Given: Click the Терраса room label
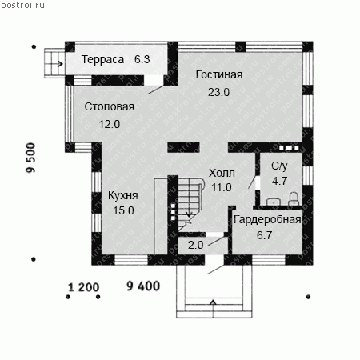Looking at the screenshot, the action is coord(102,59).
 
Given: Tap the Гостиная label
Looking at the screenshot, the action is coord(219,74).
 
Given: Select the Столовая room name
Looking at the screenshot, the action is coord(110,106).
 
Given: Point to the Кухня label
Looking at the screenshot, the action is coord(123,195).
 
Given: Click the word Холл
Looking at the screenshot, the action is coord(222,173).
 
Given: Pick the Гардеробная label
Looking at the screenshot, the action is coord(267,220).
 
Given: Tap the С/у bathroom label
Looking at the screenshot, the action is coord(279,166).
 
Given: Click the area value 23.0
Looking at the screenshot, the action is coord(218,92).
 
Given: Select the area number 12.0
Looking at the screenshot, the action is coord(110,124).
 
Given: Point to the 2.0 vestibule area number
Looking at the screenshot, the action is coord(196,245).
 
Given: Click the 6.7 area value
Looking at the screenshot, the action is coord(265,235).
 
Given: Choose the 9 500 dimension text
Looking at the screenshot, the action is coord(31,158).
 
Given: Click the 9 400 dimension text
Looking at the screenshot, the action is coord(143,286).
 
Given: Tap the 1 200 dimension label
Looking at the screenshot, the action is coord(84,287).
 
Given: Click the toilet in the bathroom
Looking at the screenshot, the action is coord(294,199).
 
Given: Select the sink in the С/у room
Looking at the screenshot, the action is coord(273,202).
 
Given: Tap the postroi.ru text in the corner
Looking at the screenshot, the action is coord(23,5).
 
